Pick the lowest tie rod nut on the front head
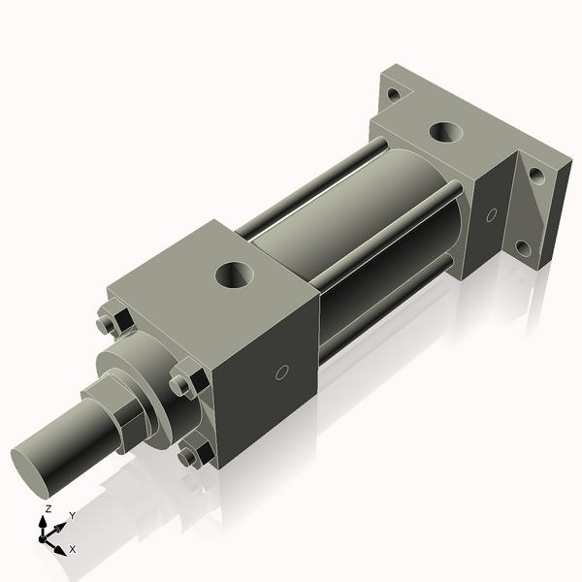tap(195, 453)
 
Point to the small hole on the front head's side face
tap(281, 372)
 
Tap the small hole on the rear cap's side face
tap(491, 214)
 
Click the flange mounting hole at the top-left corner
tap(393, 95)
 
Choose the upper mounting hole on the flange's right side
tap(535, 176)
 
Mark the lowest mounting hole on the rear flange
tap(524, 248)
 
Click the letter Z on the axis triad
tap(48, 509)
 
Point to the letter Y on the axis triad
tap(73, 516)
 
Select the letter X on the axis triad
tap(72, 550)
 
